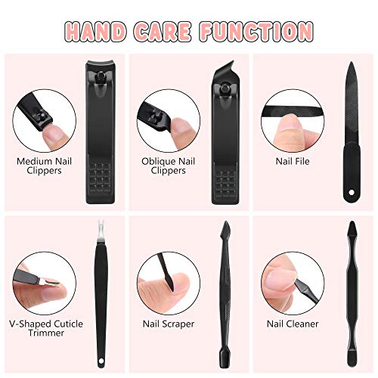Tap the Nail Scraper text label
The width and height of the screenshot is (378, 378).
[x=168, y=323]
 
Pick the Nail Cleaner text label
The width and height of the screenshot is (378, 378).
[x=291, y=323]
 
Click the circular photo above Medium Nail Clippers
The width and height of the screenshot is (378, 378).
[x=43, y=117]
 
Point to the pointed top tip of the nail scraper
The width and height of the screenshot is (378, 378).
[x=225, y=225]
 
